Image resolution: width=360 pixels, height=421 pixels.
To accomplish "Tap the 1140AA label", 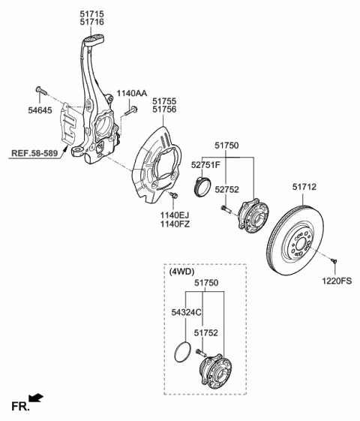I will [131, 94].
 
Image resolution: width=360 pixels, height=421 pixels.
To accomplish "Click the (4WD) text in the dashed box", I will [183, 272].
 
